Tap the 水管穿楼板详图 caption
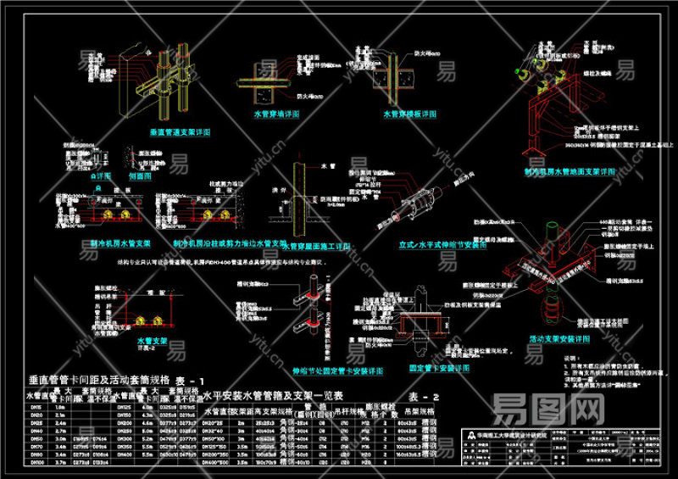409,113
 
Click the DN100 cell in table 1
36,463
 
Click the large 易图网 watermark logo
551,409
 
